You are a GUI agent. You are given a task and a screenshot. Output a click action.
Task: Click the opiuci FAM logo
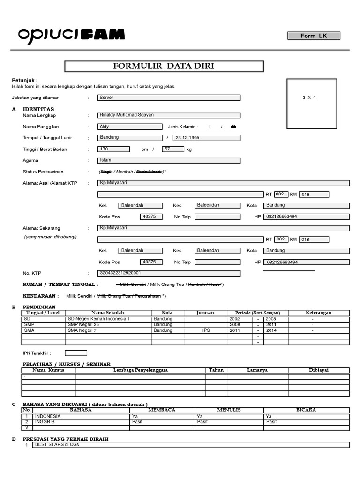72,34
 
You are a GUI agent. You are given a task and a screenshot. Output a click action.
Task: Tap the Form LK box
314,36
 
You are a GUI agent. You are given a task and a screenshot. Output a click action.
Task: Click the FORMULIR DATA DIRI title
164,66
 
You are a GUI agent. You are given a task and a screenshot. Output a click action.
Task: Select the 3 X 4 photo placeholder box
312,104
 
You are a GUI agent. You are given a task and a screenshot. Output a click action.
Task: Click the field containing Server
169,97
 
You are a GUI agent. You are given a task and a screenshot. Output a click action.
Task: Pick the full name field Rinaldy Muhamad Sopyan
169,115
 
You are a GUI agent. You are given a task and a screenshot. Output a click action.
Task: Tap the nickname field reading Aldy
130,127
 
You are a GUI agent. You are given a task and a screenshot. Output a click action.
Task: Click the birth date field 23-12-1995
206,138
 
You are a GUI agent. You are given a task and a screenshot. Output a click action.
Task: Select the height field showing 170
113,149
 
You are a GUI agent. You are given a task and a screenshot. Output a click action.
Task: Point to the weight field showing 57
173,149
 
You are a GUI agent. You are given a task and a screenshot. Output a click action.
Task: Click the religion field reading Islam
169,160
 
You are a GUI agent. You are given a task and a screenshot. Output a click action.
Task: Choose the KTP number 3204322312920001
169,273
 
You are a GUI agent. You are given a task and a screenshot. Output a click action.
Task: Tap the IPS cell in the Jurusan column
206,330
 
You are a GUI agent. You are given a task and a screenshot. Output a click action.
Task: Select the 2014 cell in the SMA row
271,330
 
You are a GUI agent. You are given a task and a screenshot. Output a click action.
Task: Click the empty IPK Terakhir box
75,353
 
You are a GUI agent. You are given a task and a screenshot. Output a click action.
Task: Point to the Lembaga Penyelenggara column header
141,370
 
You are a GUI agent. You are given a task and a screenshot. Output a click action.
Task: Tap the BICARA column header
306,410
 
